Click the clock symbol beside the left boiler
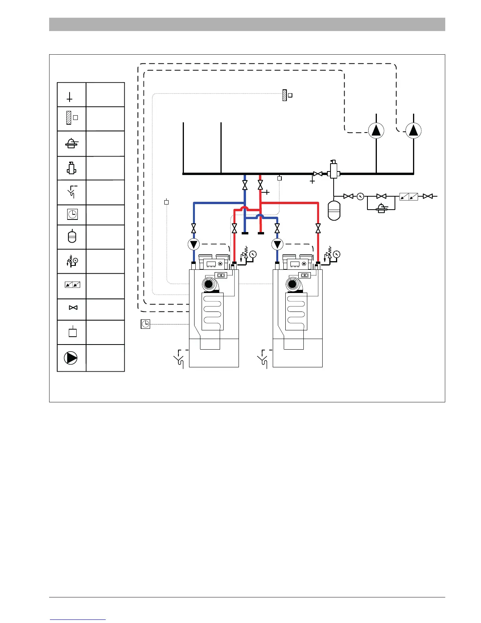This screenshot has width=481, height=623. coord(145,324)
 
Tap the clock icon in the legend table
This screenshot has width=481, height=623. coord(72,214)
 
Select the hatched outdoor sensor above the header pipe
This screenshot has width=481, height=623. coord(285,95)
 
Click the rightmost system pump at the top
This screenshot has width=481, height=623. coord(413,130)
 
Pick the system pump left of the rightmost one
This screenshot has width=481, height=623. coord(376,130)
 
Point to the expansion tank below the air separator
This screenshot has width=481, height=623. coord(334,211)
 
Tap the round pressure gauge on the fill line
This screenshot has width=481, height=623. coord(360,196)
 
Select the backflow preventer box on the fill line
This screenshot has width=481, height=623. coord(409,196)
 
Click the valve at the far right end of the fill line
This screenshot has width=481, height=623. coord(428,196)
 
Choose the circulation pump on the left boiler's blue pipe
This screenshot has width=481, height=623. coord(194,245)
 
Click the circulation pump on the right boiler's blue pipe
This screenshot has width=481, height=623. coord(277,245)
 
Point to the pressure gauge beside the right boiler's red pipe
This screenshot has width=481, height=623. coord(336,254)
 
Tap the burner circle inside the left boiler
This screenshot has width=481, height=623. coord(209,284)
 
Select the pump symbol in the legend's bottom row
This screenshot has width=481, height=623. coord(71,358)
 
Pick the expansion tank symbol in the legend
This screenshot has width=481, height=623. coord(72,237)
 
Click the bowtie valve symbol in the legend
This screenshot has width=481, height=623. coord(73,308)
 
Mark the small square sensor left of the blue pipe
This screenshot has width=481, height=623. coord(166,202)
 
